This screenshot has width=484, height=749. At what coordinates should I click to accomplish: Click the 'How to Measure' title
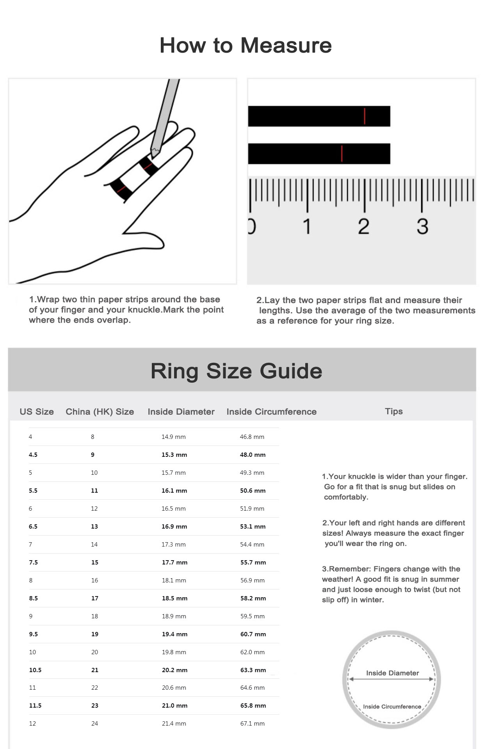point(246,45)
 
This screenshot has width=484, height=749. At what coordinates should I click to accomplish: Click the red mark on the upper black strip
point(364,116)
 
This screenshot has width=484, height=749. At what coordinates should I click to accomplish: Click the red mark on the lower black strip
point(342,153)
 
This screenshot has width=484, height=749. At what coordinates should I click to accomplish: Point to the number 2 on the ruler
point(363,226)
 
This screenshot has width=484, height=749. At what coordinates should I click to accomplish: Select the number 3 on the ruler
point(422,226)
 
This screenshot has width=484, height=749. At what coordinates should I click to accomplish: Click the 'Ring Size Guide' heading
point(236,371)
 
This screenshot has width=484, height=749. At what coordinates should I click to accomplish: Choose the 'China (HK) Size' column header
point(100,412)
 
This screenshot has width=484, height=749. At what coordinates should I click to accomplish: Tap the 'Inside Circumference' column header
point(271,412)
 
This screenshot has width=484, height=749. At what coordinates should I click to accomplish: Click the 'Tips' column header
point(393,411)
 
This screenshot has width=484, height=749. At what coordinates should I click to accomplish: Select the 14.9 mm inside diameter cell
point(173,437)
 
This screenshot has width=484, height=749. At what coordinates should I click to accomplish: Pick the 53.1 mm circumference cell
point(253,527)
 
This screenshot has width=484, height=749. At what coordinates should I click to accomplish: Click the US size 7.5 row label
point(33,563)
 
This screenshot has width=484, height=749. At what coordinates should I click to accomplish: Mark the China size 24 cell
point(94,724)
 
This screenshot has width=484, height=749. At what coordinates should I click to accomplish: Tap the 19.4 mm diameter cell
point(174,634)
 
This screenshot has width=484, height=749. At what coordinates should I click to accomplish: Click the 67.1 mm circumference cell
point(252,724)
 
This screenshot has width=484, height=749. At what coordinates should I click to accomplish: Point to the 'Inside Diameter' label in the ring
point(392,673)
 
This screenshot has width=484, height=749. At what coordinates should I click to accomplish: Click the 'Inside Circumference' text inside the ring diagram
point(392,706)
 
